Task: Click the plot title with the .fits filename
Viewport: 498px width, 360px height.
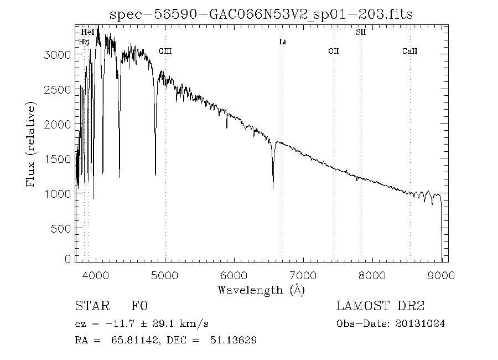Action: coord(261,14)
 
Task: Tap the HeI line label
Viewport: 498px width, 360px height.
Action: coord(87,32)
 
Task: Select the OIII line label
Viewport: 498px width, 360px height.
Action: coord(165,51)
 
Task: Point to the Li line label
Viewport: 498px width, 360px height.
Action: coord(282,42)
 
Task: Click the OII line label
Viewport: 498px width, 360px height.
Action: coord(333,51)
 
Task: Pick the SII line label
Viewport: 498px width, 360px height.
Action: coord(360,32)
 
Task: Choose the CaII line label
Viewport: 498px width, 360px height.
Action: coord(409,51)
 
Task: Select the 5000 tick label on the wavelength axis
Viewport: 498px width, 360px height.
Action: coord(165,275)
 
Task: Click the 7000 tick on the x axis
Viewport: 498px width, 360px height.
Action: coord(303,275)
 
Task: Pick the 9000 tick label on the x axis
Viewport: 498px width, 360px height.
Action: coord(441,275)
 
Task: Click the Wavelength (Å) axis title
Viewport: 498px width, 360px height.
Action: coord(261,289)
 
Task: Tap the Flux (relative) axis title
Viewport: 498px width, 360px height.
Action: coord(32,143)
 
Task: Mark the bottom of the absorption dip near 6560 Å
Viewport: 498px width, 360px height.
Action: coord(273,189)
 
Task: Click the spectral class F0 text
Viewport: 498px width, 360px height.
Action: coord(139,306)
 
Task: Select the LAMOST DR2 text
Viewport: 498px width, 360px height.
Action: coord(380,306)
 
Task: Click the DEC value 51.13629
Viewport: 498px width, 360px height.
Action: coord(236,340)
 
